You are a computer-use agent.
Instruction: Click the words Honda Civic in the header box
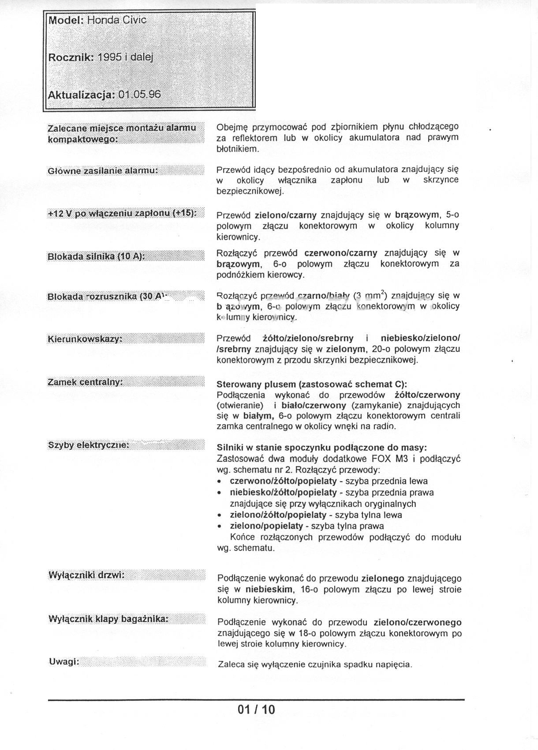pos(117,20)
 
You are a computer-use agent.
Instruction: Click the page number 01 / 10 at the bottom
pos(256,709)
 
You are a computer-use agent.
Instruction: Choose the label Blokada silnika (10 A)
pos(96,256)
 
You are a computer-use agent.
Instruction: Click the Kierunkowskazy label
pos(85,339)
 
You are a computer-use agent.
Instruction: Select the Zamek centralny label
pos(85,382)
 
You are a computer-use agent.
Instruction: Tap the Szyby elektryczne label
pos(89,445)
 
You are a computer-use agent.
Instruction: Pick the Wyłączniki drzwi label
pos(86,575)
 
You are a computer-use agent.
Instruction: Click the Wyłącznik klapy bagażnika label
pos(108,619)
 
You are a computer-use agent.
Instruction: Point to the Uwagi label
pos(64,662)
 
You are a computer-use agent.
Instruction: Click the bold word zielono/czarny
pos(285,215)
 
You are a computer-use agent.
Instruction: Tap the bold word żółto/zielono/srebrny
pos(308,338)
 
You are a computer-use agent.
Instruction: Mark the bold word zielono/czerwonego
pos(417,622)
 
